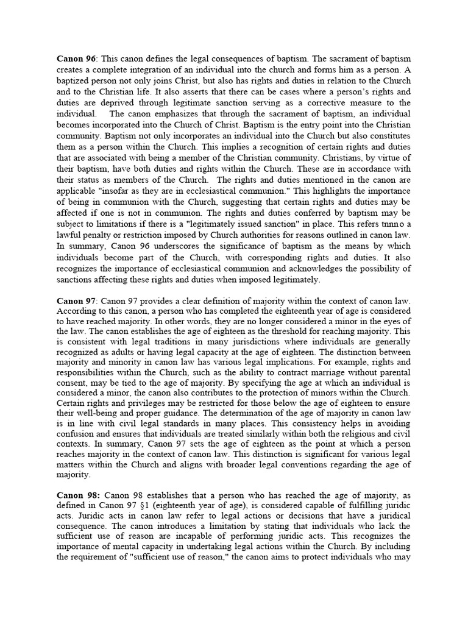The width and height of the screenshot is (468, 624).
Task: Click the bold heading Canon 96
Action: click(77, 59)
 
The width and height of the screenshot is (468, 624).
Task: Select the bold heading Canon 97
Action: click(77, 300)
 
